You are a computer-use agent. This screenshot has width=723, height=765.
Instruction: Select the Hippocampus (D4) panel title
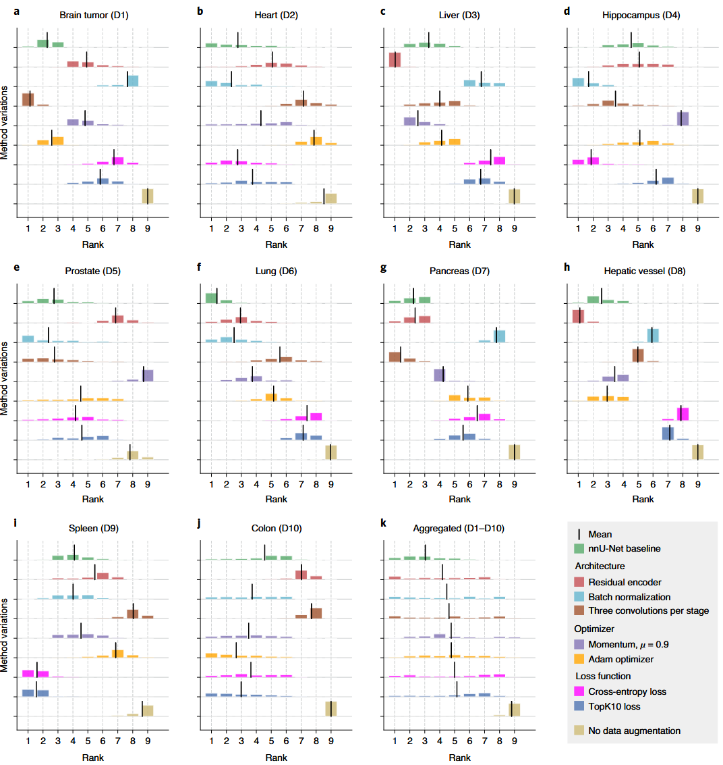click(643, 15)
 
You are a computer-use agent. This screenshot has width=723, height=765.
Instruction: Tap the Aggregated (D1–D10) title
click(459, 528)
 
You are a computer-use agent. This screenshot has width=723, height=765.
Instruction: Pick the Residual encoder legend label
click(625, 582)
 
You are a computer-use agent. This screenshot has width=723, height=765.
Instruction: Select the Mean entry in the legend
click(600, 533)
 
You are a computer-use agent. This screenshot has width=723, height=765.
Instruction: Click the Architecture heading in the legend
click(600, 566)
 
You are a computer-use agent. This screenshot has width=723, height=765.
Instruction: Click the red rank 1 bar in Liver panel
click(395, 59)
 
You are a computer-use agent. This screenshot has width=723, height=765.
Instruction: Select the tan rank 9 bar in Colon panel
click(330, 708)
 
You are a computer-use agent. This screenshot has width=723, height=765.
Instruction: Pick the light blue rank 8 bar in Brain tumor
click(132, 81)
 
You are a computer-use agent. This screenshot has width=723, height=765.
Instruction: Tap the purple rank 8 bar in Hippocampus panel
click(683, 119)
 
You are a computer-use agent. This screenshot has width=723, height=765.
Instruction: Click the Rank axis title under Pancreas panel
click(459, 499)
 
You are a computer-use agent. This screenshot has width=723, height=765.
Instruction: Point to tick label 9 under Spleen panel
click(148, 741)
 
